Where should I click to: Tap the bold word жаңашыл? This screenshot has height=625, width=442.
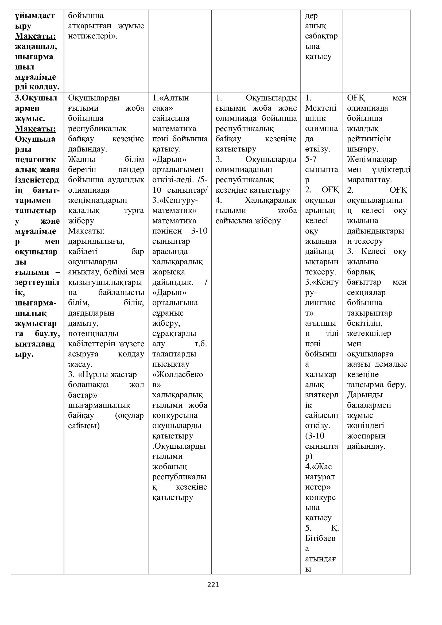click(x=36, y=46)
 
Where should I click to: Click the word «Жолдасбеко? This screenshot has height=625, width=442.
click(x=177, y=374)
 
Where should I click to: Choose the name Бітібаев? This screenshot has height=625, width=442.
click(x=320, y=538)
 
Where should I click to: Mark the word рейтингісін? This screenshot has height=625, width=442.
click(x=369, y=139)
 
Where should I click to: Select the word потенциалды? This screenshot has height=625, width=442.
click(x=93, y=333)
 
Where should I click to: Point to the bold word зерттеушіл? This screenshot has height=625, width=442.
click(x=37, y=282)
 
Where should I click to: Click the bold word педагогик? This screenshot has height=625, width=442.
click(x=35, y=159)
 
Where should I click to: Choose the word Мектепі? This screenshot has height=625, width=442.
click(x=321, y=108)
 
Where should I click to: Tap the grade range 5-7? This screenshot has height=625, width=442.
click(x=311, y=159)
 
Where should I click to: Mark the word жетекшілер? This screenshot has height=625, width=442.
click(x=369, y=333)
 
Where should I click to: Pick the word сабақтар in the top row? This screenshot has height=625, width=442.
click(x=321, y=36)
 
